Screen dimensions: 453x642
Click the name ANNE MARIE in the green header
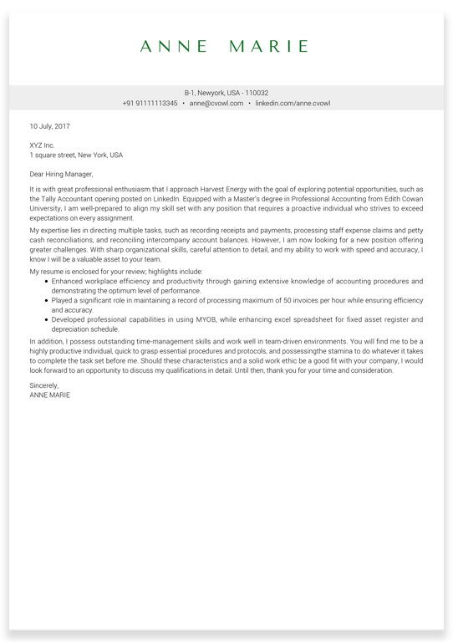[225, 47]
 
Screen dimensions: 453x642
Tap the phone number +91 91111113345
[150, 104]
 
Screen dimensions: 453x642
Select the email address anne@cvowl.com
[216, 104]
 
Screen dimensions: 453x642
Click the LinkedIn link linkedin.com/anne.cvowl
[293, 104]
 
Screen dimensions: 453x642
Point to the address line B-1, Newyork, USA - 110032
[226, 93]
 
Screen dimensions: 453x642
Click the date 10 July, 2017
[50, 127]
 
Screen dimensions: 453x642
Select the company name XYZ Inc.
[42, 145]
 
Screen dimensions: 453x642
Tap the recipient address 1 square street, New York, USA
[76, 155]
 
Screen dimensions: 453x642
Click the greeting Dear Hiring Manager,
[61, 175]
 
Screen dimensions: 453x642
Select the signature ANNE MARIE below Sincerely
[49, 395]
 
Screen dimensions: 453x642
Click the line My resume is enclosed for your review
[115, 272]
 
